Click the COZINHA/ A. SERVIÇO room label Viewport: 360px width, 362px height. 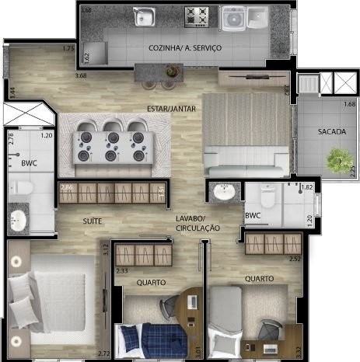click(x=185, y=48)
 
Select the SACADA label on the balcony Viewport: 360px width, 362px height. click(x=331, y=132)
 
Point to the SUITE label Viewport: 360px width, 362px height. click(x=93, y=221)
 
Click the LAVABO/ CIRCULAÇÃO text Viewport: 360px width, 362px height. click(x=197, y=224)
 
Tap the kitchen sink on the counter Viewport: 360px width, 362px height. click(x=145, y=16)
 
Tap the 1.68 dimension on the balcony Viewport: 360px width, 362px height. click(x=350, y=104)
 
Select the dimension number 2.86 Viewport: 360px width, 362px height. click(x=67, y=189)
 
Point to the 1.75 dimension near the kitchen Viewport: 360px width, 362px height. click(x=68, y=49)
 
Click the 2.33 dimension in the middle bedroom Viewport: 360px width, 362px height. click(x=122, y=271)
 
